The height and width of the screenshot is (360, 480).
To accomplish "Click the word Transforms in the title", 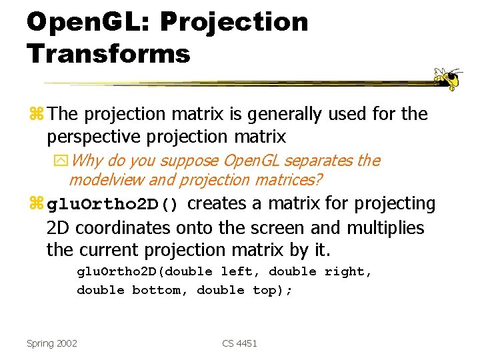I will coord(109,53).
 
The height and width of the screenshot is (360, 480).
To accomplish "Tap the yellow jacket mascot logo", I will coord(447,79).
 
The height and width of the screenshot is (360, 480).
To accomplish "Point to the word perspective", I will coord(93,137).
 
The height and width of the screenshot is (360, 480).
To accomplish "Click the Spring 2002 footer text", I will coord(52,343).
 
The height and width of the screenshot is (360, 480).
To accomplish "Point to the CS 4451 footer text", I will coord(239,343).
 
